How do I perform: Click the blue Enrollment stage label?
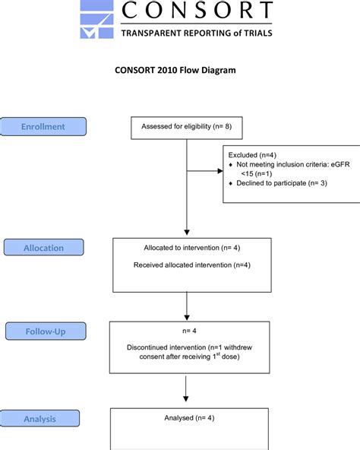43,126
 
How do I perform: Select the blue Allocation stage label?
43,247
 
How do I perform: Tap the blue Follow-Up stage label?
46,331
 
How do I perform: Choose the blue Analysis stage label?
39,419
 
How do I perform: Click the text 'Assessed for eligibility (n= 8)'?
186,126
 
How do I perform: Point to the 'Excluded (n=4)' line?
252,155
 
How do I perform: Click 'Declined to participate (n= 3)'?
282,183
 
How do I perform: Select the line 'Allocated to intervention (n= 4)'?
192,248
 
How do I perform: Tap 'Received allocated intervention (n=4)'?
192,265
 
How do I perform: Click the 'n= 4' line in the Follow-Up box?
189,331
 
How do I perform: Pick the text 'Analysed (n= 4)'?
189,418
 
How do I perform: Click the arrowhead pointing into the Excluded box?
220,171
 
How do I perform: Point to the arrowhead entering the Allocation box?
187,232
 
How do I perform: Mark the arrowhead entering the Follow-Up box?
187,318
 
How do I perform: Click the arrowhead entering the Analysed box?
186,398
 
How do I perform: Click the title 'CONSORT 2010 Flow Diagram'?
175,70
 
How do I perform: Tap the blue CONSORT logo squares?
96,19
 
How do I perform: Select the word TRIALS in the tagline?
258,33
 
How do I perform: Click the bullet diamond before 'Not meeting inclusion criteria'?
231,165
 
